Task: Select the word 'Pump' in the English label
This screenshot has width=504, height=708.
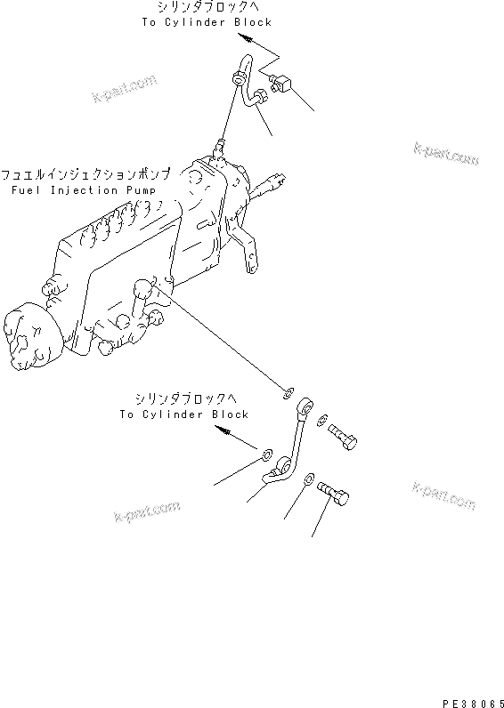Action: click(137, 190)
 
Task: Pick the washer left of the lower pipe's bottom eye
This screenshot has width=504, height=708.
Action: click(267, 457)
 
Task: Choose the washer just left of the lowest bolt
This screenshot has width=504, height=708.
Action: click(307, 480)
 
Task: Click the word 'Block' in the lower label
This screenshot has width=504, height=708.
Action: click(230, 414)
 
